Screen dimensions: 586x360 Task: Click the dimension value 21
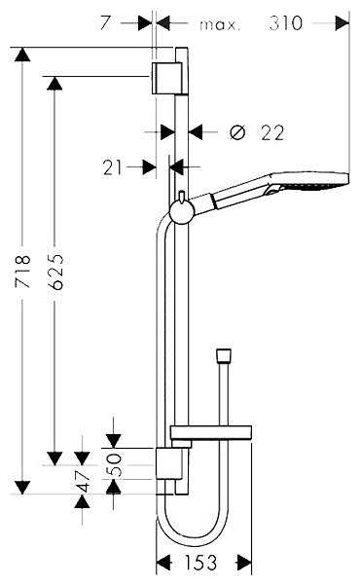114,167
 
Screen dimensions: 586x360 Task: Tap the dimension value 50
116,463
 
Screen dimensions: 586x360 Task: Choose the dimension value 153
204,562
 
